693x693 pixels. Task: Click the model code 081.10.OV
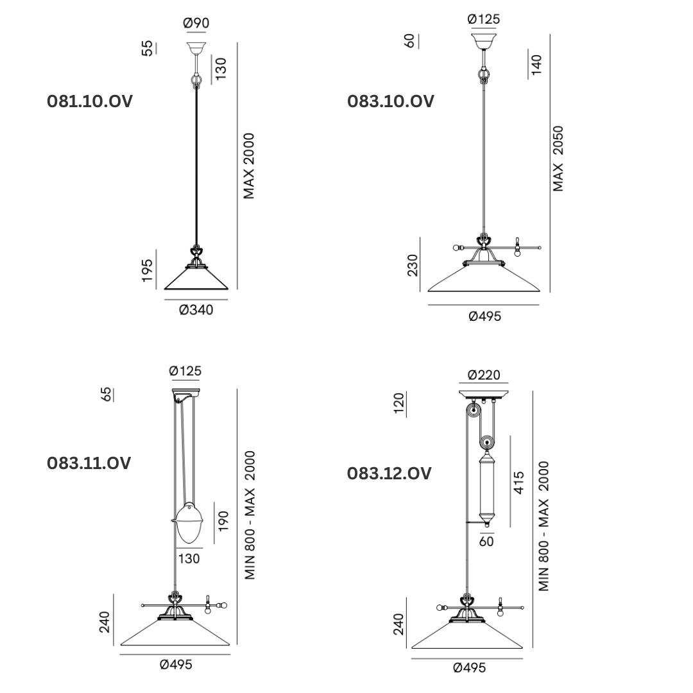point(90,101)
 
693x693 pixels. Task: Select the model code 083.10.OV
point(391,101)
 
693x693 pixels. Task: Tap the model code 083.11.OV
point(89,463)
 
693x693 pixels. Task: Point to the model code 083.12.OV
point(389,474)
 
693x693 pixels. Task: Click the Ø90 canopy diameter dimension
point(196,23)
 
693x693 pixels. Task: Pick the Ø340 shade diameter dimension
point(196,310)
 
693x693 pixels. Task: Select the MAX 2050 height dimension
point(558,158)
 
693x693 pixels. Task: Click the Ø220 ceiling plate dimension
point(484,375)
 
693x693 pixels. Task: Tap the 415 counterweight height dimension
point(519,483)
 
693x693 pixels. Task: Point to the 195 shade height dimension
point(147,271)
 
